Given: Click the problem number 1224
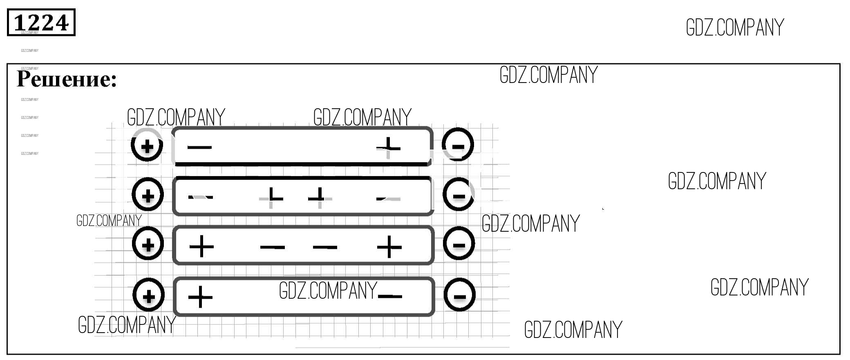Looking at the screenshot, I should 41,22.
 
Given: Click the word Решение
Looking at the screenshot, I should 67,79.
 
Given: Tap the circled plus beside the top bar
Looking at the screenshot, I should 147,145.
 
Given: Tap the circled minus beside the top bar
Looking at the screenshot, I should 458,145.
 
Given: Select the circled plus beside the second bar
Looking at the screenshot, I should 148,195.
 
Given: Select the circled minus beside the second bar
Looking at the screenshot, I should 459,195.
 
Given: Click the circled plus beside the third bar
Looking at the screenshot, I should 148,244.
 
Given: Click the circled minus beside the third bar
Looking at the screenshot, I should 459,244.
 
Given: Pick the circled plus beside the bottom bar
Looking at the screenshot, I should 149,295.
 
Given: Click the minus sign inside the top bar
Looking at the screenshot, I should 199,147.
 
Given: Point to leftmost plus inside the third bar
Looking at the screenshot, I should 201,246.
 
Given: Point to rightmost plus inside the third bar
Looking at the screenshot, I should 389,247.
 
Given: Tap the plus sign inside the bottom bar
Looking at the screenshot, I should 200,297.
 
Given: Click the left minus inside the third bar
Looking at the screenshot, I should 272,247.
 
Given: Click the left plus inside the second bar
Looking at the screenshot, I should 271,197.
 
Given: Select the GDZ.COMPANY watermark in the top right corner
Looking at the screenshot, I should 735,28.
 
